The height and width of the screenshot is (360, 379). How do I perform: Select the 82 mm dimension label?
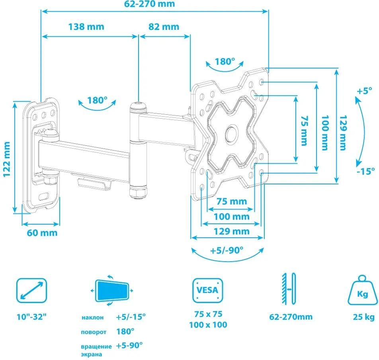(164, 27)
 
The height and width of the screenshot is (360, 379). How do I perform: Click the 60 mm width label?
(42, 233)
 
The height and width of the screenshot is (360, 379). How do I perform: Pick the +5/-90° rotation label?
(227, 251)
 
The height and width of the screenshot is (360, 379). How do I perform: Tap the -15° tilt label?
(366, 171)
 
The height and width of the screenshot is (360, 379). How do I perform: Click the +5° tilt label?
(364, 91)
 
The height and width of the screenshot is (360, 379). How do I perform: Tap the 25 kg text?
(363, 317)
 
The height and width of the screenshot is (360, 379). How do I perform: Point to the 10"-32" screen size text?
(31, 317)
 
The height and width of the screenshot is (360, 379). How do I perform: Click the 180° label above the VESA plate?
(225, 62)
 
